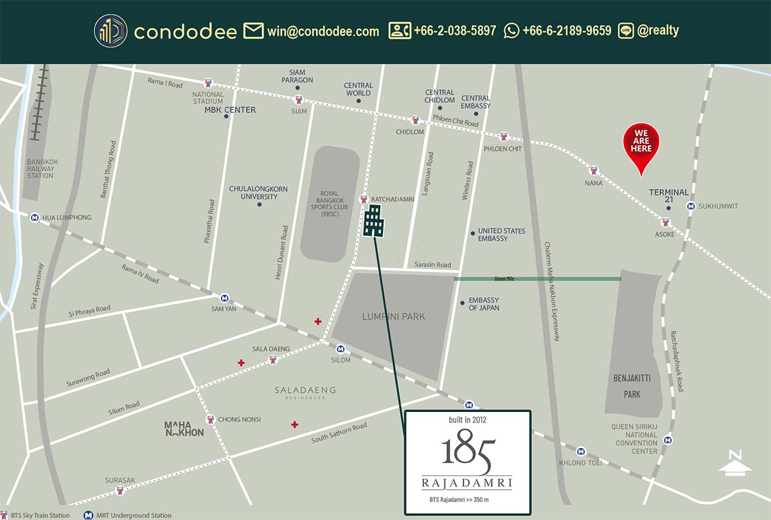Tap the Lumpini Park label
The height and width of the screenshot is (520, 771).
pyautogui.click(x=394, y=316)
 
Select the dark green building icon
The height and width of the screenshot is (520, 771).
pyautogui.click(x=374, y=221)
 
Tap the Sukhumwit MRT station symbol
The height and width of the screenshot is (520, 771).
pyautogui.click(x=691, y=206)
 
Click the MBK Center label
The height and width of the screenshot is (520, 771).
pyautogui.click(x=230, y=110)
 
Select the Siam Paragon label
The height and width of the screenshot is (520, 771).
pyautogui.click(x=297, y=76)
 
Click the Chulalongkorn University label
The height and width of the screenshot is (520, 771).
pyautogui.click(x=258, y=192)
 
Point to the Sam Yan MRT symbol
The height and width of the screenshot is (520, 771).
pyautogui.click(x=224, y=298)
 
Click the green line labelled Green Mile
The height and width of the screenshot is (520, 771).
pyautogui.click(x=537, y=279)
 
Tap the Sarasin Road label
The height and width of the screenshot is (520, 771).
pyautogui.click(x=433, y=264)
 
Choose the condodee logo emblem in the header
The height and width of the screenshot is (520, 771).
pyautogui.click(x=111, y=31)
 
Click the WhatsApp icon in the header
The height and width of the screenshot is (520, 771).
pyautogui.click(x=511, y=30)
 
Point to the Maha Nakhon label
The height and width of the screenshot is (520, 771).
pyautogui.click(x=184, y=428)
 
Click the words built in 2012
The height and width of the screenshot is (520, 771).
pyautogui.click(x=468, y=420)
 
